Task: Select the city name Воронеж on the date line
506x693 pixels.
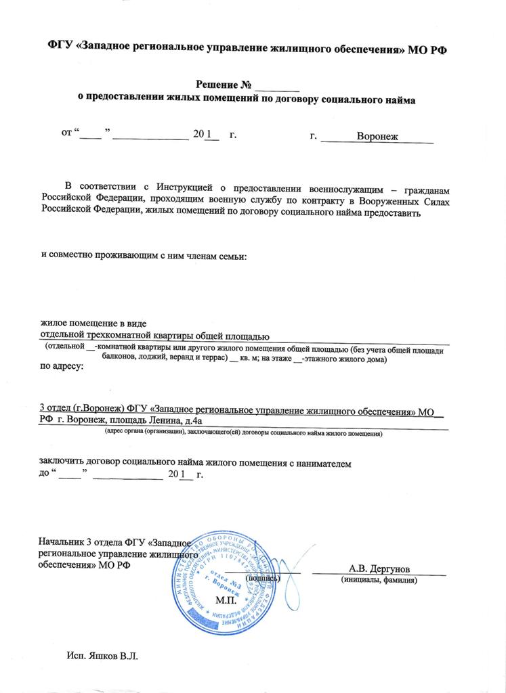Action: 377,136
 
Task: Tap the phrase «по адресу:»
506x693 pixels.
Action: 62,366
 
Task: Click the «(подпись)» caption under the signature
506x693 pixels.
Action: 262,579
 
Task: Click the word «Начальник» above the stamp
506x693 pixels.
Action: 61,542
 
